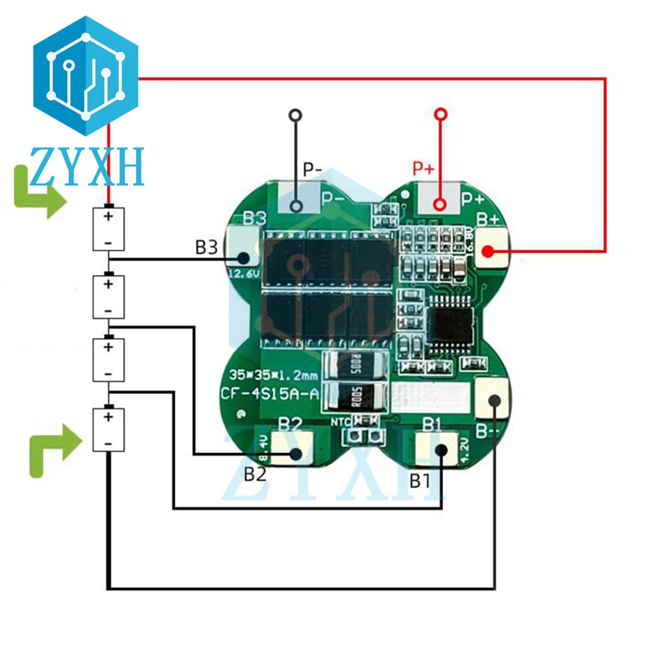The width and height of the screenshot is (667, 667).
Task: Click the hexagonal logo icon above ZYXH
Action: coord(86,75)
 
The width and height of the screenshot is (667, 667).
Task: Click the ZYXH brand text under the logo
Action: coord(87,167)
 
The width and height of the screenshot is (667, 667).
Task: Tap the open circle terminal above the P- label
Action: coord(296,115)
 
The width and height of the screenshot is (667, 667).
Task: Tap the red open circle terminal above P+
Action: coord(439,115)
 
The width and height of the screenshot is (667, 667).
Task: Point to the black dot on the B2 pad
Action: coord(296,454)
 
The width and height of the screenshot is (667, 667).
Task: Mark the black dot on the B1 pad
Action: coord(441,450)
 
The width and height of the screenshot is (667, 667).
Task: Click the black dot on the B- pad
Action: coord(494,400)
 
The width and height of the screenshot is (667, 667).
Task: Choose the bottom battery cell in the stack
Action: coord(108,429)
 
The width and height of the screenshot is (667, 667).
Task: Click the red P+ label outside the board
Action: coord(424,168)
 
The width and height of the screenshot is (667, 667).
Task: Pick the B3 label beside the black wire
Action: coord(206,247)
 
